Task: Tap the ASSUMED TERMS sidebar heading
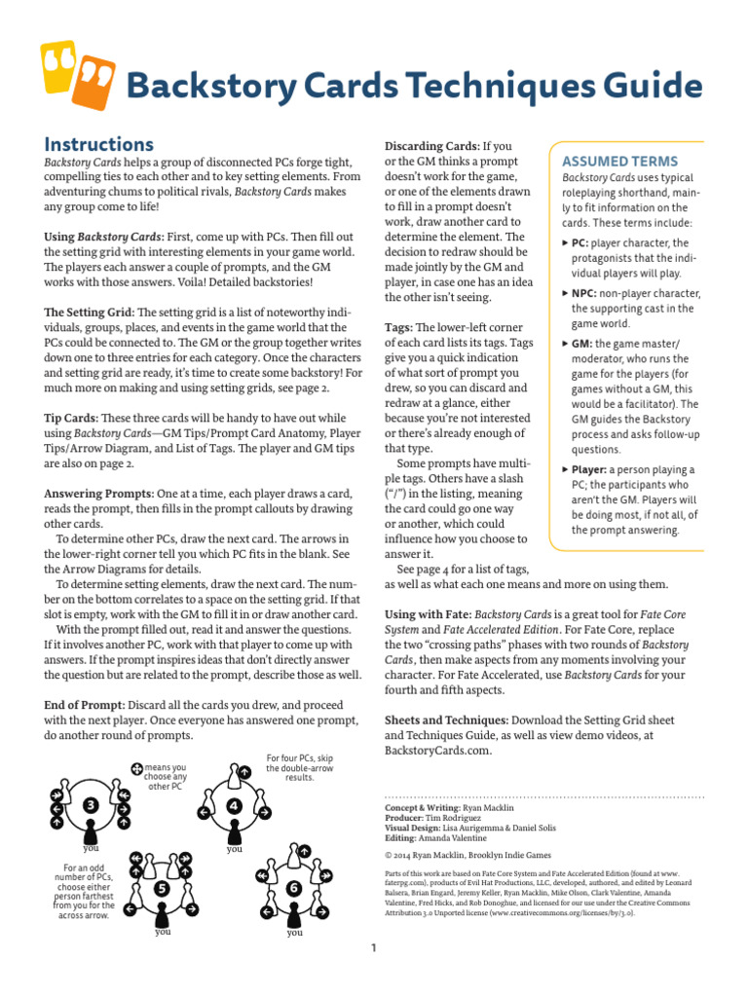point(620,161)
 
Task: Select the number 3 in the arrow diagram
point(90,805)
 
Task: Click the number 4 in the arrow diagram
point(234,806)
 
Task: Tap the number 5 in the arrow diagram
point(162,888)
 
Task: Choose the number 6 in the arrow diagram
point(293,889)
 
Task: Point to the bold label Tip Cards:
point(76,417)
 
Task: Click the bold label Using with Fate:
point(430,616)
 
